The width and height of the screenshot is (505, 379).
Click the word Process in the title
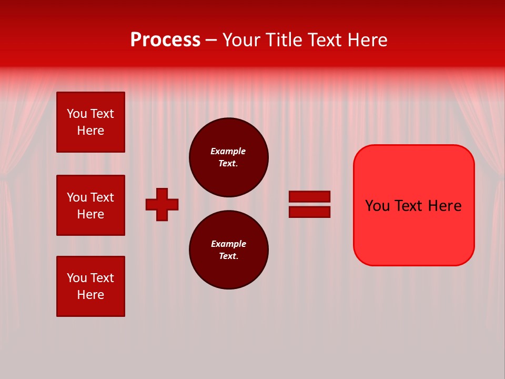click(x=165, y=40)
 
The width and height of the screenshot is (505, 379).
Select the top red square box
click(x=90, y=122)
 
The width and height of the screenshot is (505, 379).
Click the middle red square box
click(x=90, y=205)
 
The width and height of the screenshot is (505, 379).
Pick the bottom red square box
click(x=90, y=286)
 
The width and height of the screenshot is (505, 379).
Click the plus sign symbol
click(x=162, y=204)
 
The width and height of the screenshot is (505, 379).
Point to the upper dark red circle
click(x=228, y=157)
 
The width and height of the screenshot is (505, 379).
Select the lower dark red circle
click(x=228, y=250)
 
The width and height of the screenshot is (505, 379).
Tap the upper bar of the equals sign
click(x=309, y=196)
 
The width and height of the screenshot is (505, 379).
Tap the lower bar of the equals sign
click(x=309, y=212)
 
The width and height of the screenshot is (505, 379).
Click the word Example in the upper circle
click(x=228, y=151)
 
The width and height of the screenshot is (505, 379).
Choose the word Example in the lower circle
click(x=228, y=244)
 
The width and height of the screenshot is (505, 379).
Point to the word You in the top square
click(x=76, y=114)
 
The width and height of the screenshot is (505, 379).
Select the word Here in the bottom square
click(x=90, y=295)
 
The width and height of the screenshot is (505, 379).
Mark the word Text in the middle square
click(x=102, y=197)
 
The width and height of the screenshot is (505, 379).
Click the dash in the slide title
click(x=211, y=40)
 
